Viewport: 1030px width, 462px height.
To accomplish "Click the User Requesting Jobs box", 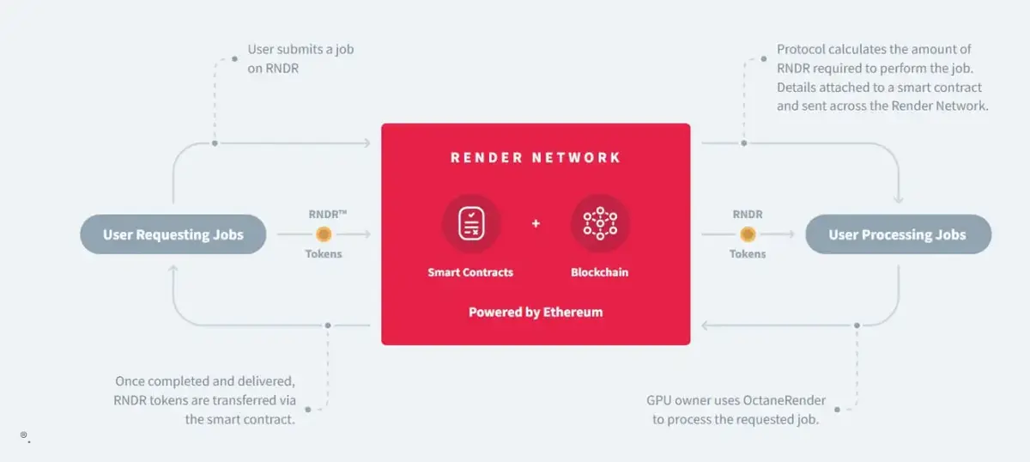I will coord(173,234).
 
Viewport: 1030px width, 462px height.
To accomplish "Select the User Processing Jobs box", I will coord(898,234).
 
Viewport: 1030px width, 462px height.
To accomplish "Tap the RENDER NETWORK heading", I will coord(536,158).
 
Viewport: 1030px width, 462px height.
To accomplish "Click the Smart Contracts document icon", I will coord(470,223).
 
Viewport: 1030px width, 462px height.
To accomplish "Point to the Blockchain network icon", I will coord(600,223).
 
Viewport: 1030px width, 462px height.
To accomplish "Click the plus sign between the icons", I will coord(536,224).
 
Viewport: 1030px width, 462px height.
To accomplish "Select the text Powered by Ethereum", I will coord(536,312).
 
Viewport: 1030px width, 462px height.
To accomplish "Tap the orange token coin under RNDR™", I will coord(324,234).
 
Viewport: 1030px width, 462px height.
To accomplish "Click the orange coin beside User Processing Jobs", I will coord(748,234).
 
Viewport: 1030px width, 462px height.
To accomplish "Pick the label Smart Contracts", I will coord(470,272).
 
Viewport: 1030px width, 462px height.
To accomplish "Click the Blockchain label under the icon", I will coord(600,272).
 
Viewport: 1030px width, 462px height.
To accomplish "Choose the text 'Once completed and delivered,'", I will coord(205,380).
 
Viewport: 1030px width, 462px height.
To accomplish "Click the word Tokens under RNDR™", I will coord(324,253).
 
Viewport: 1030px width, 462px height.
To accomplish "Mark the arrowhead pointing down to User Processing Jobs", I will coord(898,199).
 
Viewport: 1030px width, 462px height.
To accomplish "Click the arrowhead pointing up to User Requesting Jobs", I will coord(173,270).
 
